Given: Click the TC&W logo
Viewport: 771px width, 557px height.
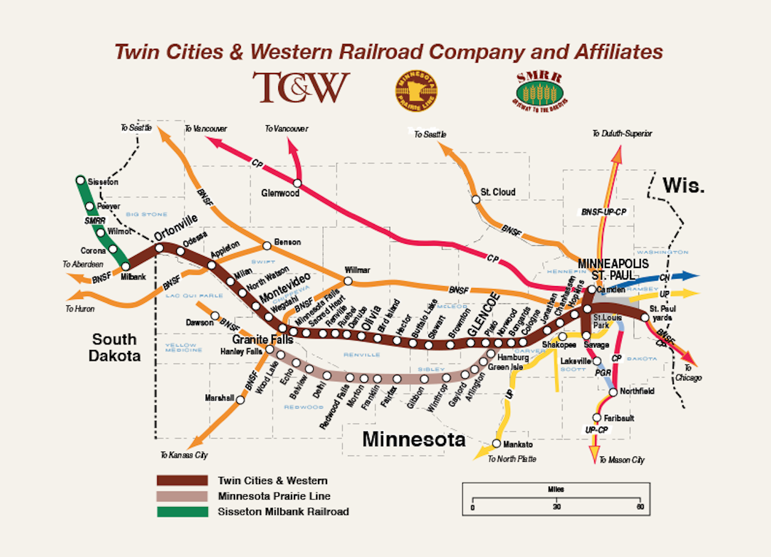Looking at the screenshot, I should click(301, 87).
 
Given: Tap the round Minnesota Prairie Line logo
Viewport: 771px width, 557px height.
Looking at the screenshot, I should click(416, 91).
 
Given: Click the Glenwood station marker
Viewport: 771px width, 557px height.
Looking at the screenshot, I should click(297, 183).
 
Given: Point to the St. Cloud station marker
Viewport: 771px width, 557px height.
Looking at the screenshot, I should click(475, 199).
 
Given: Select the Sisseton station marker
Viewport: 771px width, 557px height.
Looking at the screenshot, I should click(81, 180).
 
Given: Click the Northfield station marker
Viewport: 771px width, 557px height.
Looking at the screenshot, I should click(613, 392).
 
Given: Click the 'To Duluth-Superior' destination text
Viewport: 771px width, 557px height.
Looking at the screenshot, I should click(622, 134).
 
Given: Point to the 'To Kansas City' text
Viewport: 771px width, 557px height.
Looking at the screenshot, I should click(184, 455).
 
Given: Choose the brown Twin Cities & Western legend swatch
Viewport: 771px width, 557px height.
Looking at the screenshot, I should click(182, 481).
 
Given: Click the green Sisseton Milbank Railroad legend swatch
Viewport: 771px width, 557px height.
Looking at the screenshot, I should click(182, 512).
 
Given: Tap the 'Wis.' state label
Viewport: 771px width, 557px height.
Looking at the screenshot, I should click(684, 185).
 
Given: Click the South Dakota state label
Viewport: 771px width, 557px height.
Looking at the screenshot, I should click(114, 347).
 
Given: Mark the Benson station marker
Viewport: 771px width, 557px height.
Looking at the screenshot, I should click(267, 246).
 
